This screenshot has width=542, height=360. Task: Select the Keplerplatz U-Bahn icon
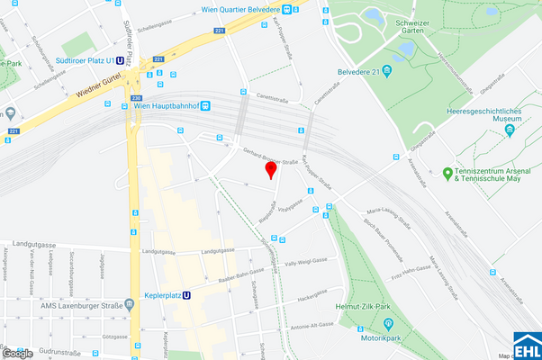pos(186,294)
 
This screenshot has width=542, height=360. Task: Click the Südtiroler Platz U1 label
pos(86,61)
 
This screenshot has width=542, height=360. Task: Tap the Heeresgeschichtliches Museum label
pos(485,115)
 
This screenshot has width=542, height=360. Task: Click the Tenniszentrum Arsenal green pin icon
pos(447,173)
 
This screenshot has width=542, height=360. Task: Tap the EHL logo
pos(527,346)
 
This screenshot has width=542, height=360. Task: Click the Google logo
pos(17,353)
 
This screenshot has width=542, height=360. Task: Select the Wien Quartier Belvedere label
pos(239,11)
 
